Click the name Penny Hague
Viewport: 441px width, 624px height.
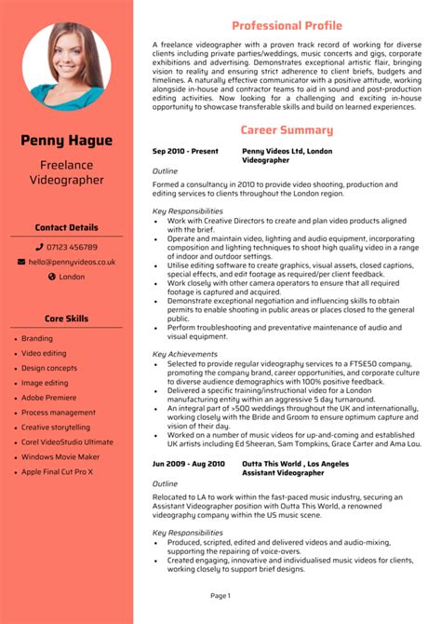[66, 141]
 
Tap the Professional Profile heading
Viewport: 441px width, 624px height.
[287, 25]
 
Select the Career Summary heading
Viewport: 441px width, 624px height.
[287, 130]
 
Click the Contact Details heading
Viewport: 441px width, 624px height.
[66, 227]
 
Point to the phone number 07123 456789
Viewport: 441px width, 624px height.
[72, 247]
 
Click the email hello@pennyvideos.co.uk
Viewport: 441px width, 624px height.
[71, 262]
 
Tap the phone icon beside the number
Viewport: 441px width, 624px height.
[39, 247]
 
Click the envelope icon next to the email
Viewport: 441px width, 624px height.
[21, 262]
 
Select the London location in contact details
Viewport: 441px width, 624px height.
[72, 277]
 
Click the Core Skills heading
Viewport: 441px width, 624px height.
[66, 319]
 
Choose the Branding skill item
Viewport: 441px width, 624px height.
[37, 339]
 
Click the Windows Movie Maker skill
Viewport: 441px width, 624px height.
[61, 456]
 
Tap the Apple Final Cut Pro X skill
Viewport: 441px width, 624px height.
[58, 471]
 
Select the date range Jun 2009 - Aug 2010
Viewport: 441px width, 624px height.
[189, 463]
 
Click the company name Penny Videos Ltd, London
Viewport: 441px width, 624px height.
[287, 151]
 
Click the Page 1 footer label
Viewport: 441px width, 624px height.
[220, 595]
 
